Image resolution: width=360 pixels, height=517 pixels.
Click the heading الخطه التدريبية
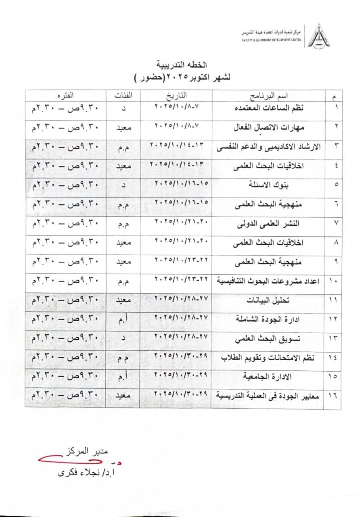[180, 65]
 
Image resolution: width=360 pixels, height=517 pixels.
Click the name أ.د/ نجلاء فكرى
[88, 472]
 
